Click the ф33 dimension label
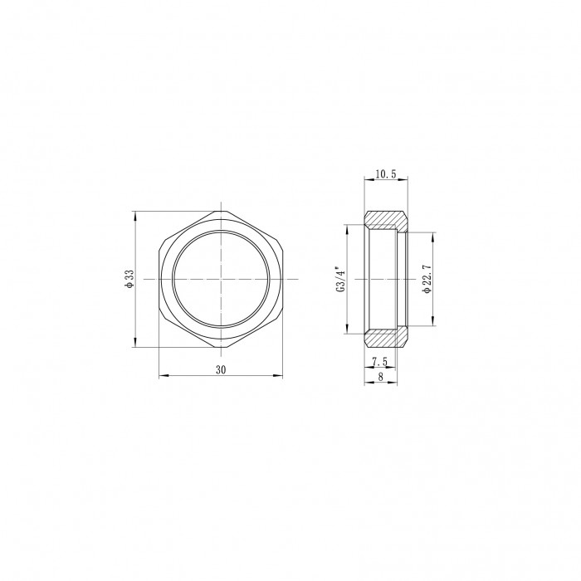[129, 279]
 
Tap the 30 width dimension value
[221, 370]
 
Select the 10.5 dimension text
[386, 173]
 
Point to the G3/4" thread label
[341, 279]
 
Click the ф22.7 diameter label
[427, 280]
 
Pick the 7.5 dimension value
[380, 361]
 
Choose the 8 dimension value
[380, 377]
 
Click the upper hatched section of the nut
[385, 220]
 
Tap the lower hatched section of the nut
[385, 338]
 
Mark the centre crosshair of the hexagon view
[222, 279]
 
